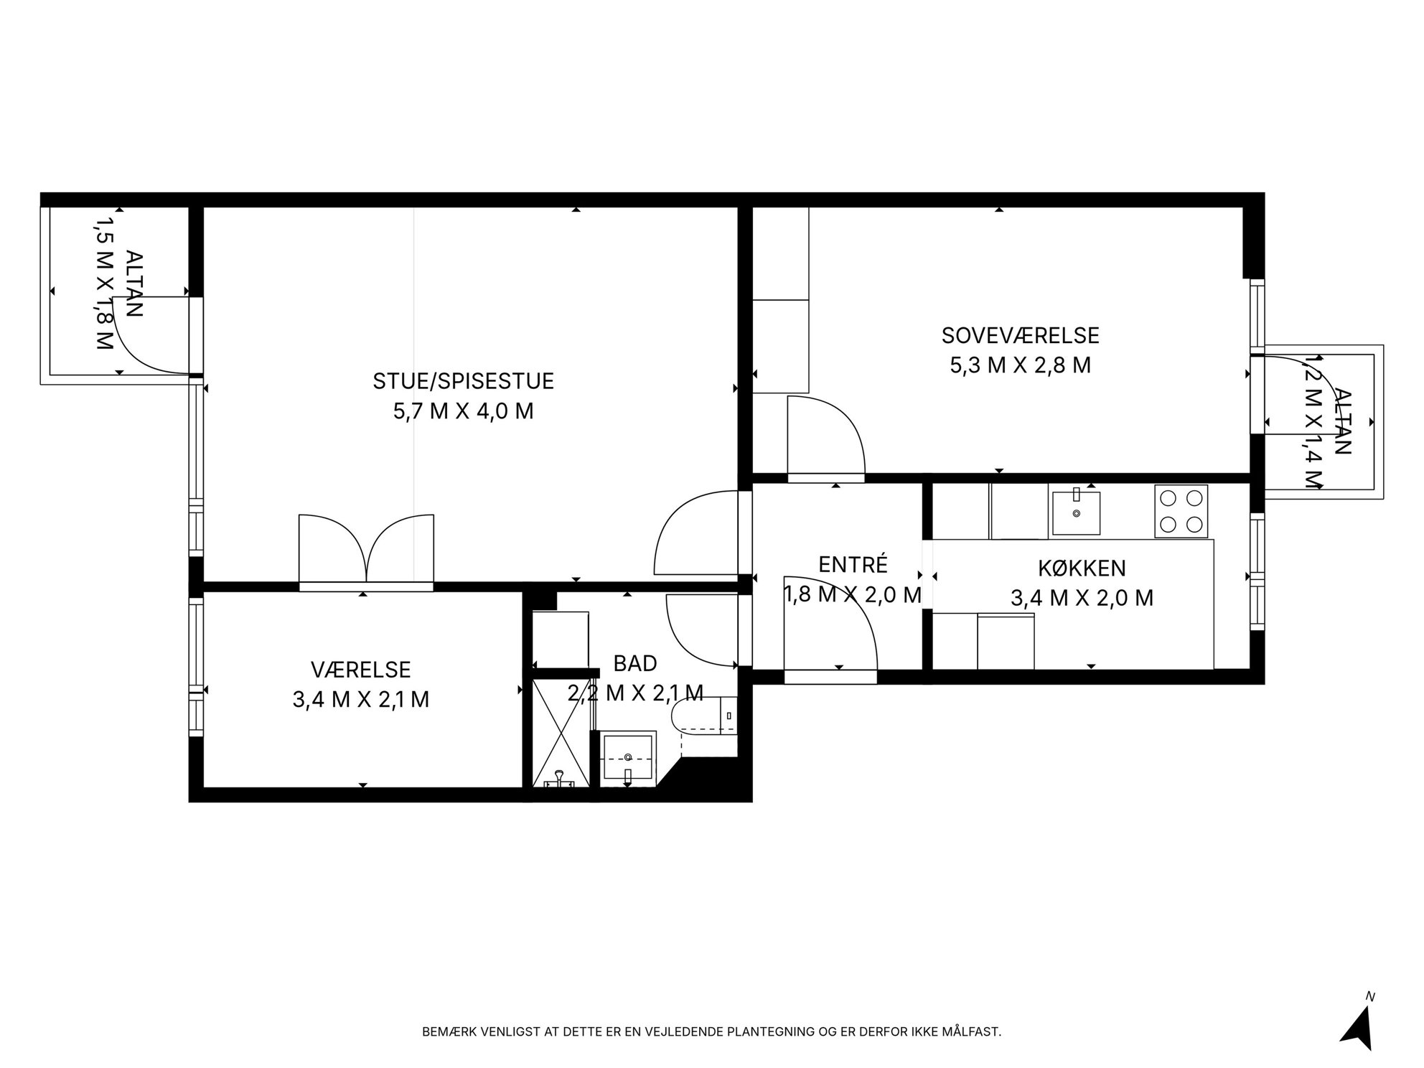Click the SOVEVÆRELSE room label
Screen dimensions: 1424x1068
click(1020, 335)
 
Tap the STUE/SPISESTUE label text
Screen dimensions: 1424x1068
click(463, 381)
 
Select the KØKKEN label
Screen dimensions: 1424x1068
click(1082, 568)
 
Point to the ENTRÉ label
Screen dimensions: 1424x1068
click(853, 565)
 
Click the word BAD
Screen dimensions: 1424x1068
click(635, 663)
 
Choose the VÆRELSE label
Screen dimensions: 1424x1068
click(360, 670)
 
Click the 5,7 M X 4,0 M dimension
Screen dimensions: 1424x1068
click(463, 411)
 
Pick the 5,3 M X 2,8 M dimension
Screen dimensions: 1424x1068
click(1020, 365)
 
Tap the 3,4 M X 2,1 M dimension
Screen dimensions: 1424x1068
click(360, 699)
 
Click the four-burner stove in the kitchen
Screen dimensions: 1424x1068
click(1181, 511)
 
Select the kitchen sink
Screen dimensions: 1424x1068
click(1076, 512)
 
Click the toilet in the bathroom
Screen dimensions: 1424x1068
click(704, 716)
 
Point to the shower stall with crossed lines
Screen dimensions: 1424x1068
click(561, 733)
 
